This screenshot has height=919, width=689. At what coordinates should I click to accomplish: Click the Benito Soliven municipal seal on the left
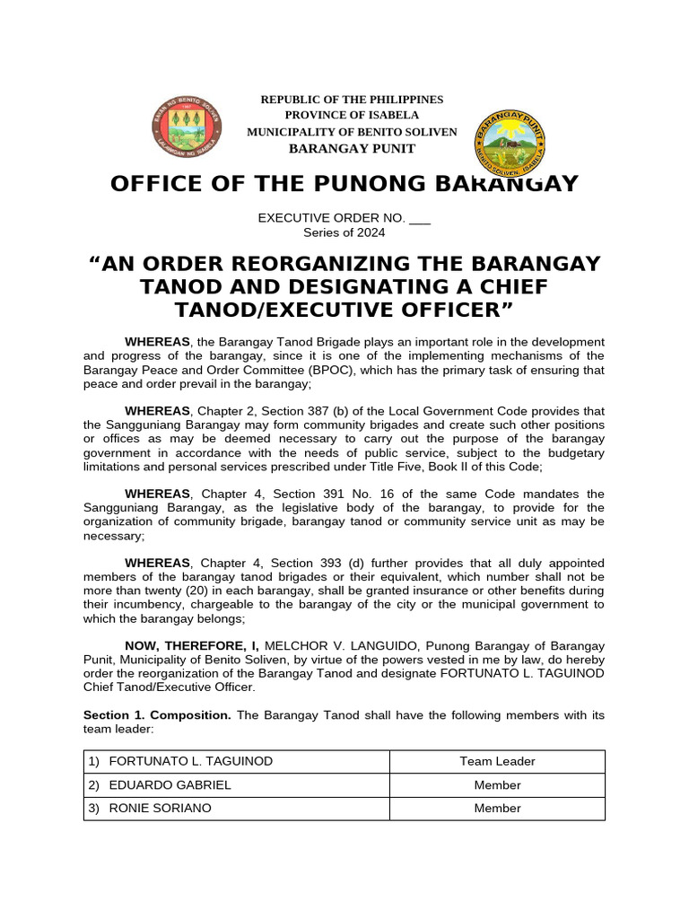(187, 127)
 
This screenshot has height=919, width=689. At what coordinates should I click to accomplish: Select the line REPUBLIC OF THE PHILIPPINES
(352, 100)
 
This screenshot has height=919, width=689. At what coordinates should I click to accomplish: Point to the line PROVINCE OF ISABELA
(352, 116)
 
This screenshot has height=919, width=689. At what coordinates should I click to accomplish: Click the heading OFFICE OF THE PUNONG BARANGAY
(344, 184)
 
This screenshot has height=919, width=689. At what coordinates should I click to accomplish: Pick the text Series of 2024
(344, 232)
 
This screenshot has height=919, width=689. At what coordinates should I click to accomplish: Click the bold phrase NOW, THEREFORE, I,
(192, 645)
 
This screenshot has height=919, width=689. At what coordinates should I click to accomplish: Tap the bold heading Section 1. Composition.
(158, 715)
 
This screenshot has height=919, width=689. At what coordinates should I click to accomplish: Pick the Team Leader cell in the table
(497, 762)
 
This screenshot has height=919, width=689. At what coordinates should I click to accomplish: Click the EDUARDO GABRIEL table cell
(170, 785)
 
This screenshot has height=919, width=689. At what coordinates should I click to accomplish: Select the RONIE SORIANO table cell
(160, 809)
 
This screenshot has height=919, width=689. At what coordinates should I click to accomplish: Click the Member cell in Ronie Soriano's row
(497, 809)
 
